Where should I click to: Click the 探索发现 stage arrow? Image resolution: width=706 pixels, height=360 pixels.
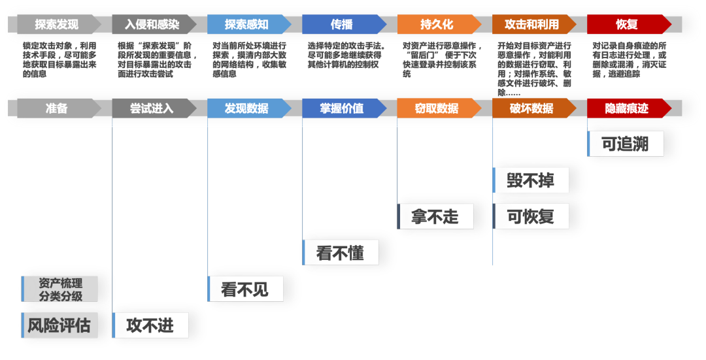pyautogui.click(x=57, y=25)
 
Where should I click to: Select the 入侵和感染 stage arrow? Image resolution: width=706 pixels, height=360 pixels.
pyautogui.click(x=152, y=25)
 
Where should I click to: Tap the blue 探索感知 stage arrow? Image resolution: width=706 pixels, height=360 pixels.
pyautogui.click(x=247, y=25)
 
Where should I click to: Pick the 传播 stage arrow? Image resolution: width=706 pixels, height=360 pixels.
pyautogui.click(x=342, y=25)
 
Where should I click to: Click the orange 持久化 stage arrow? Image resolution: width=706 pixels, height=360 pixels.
pyautogui.click(x=437, y=25)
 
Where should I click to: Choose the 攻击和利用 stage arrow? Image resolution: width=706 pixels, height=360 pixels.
pyautogui.click(x=532, y=25)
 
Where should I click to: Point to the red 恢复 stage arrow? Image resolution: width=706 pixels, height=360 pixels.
pyautogui.click(x=627, y=25)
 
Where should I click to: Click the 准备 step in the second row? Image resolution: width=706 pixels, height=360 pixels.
pyautogui.click(x=57, y=108)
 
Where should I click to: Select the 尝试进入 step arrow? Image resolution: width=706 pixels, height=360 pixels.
pyautogui.click(x=152, y=108)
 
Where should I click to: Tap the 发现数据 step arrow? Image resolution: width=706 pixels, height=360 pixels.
pyautogui.click(x=247, y=108)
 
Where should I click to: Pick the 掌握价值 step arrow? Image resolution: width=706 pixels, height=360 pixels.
pyautogui.click(x=342, y=108)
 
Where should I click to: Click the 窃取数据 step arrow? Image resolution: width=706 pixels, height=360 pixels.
pyautogui.click(x=437, y=108)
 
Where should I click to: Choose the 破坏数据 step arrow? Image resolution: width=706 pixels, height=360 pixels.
pyautogui.click(x=532, y=108)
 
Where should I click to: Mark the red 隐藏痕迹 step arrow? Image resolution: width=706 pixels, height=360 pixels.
pyautogui.click(x=627, y=108)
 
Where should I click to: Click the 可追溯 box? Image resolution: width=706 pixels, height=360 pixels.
pyautogui.click(x=626, y=144)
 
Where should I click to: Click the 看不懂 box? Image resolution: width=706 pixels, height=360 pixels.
pyautogui.click(x=341, y=252)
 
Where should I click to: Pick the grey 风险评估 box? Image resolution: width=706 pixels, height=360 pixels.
pyautogui.click(x=59, y=325)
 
